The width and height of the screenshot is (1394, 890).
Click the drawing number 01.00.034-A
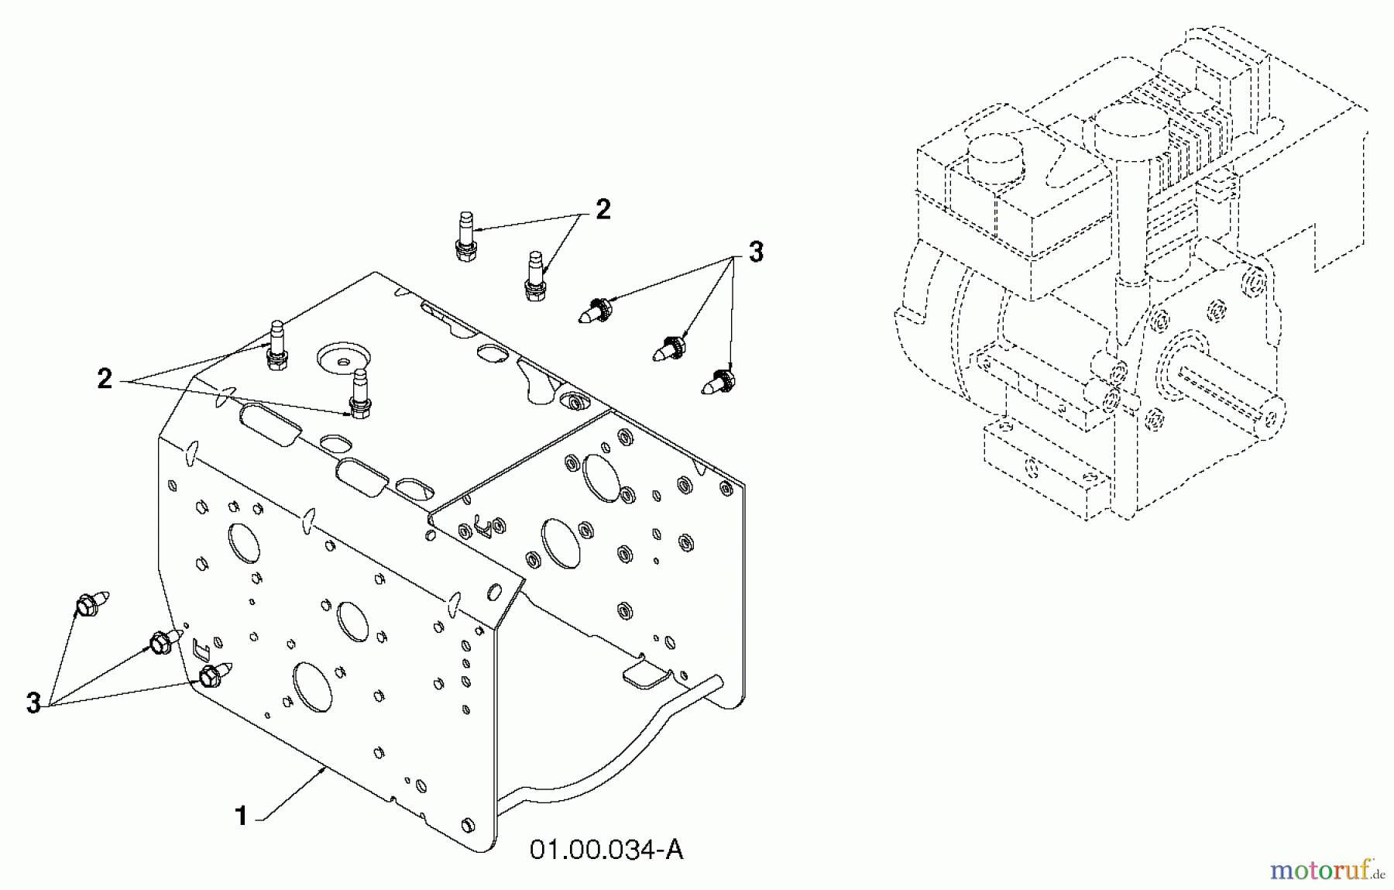606,850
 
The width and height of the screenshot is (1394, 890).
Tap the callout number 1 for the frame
242,816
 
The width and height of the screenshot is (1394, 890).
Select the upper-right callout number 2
603,209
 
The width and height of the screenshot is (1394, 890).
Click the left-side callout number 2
105,379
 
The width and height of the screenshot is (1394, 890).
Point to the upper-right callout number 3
755,252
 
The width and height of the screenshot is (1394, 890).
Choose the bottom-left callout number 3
33,703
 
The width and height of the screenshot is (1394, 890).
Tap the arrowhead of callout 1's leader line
323,768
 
